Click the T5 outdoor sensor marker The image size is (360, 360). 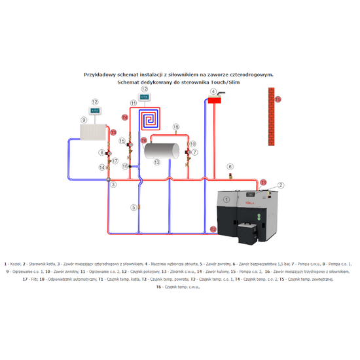(x=278, y=99)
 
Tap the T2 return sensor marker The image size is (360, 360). (x=213, y=229)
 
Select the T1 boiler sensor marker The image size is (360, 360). (x=263, y=181)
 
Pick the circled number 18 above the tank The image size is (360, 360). (x=175, y=126)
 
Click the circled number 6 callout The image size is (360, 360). (x=230, y=167)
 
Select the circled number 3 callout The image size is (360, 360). (x=113, y=185)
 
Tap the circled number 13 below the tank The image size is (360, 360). (x=157, y=162)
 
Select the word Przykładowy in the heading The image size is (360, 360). (x=102, y=75)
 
